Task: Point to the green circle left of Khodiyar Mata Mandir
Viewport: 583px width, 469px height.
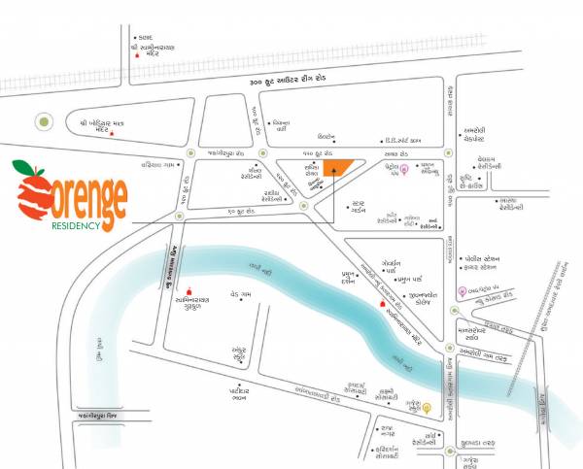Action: [x=43, y=122]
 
